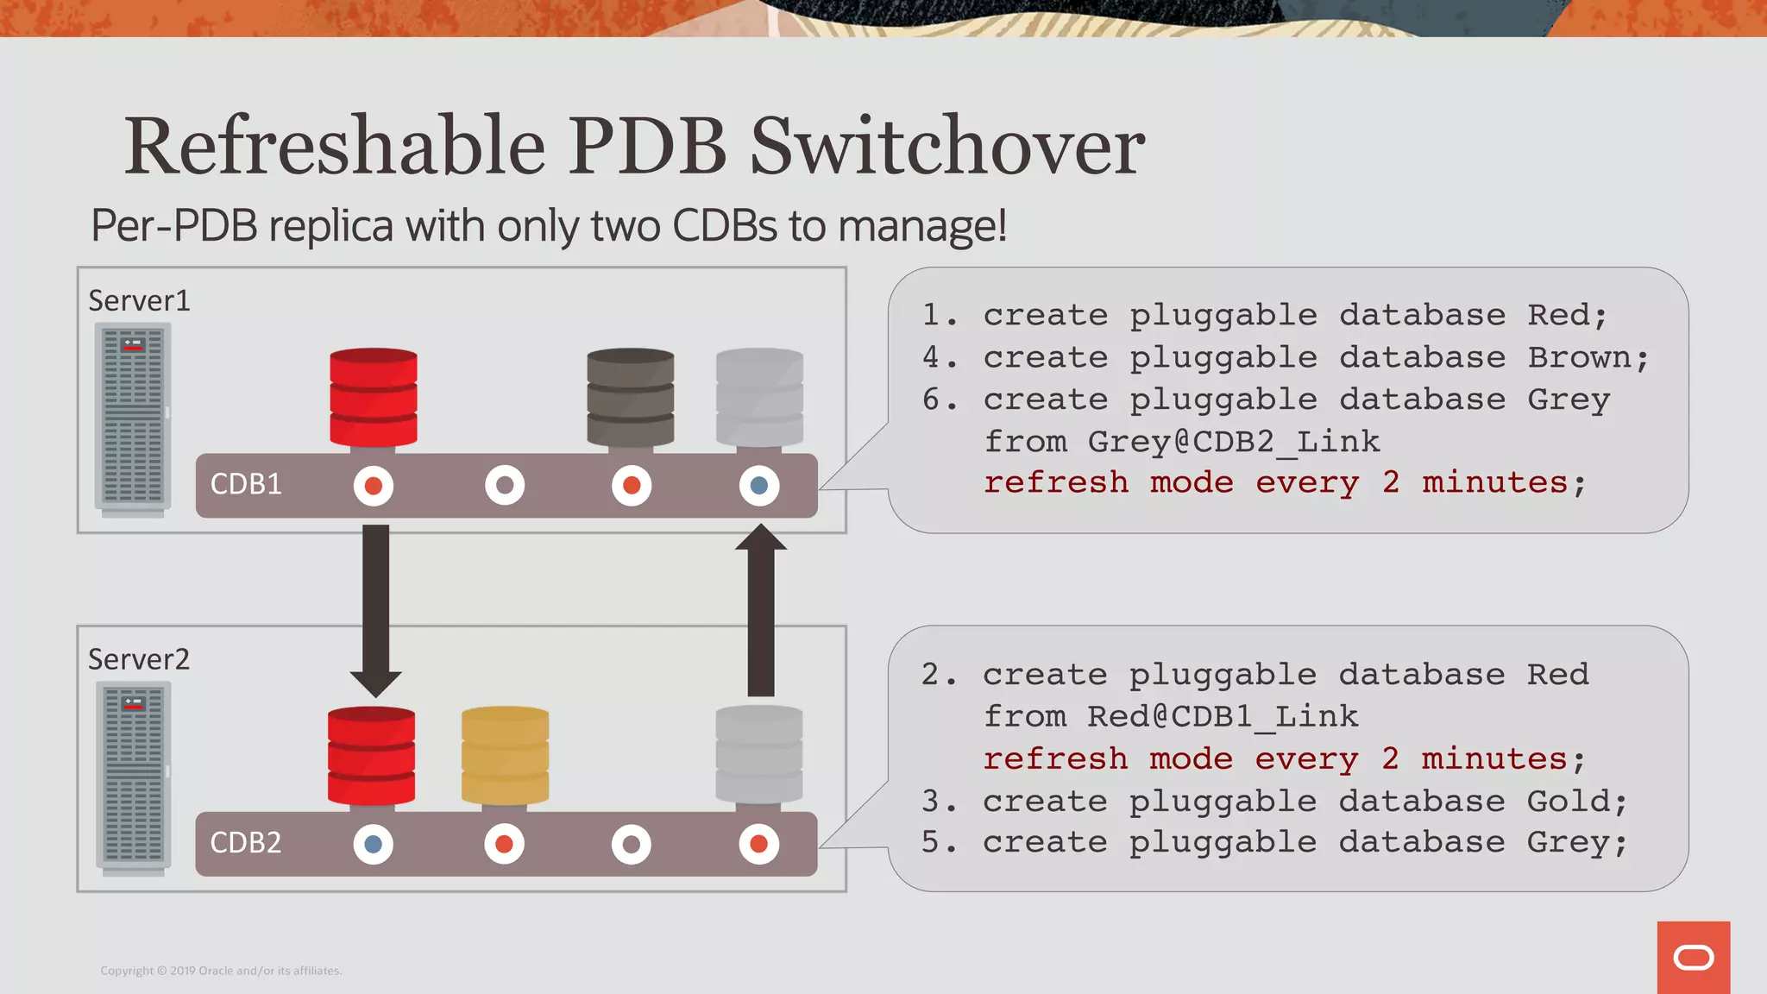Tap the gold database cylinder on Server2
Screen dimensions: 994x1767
pos(505,755)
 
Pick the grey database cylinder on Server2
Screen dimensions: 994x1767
pos(759,755)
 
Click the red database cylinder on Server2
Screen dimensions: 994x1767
pos(372,755)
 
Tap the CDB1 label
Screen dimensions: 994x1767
pos(246,484)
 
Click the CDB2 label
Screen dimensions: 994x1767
pos(246,842)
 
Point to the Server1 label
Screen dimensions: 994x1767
pos(139,300)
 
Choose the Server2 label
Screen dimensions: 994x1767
pos(139,659)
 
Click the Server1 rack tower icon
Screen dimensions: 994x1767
pos(133,418)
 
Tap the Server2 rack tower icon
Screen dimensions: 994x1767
pos(133,777)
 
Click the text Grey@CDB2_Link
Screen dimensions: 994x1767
pos(1233,441)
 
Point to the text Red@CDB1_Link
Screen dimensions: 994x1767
pos(1222,716)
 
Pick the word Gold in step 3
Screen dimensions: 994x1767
pos(1569,801)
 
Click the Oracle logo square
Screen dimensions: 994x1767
pos(1693,957)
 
